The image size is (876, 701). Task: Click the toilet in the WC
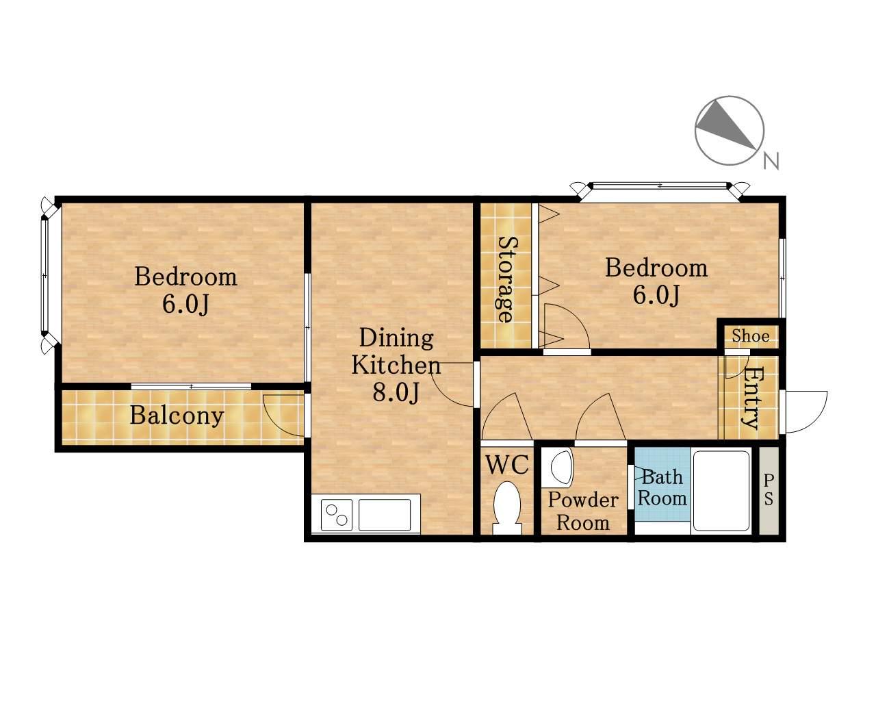click(x=507, y=507)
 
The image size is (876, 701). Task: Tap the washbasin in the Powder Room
click(x=561, y=468)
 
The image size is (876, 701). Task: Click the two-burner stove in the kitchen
click(x=336, y=514)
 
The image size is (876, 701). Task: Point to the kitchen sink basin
click(x=384, y=514)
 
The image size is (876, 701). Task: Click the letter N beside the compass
click(x=771, y=161)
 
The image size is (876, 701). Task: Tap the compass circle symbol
click(x=730, y=131)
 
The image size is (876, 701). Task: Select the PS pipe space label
click(x=769, y=490)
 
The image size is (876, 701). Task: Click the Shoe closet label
click(x=751, y=336)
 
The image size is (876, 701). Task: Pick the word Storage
click(x=507, y=279)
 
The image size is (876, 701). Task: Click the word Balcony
click(x=177, y=416)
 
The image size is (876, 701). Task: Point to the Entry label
click(x=752, y=398)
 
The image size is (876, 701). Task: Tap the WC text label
click(x=508, y=464)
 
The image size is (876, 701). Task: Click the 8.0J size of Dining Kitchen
click(x=396, y=392)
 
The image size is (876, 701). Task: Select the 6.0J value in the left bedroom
click(x=185, y=303)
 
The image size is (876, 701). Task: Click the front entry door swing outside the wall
click(x=806, y=411)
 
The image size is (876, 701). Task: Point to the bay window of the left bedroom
click(x=49, y=276)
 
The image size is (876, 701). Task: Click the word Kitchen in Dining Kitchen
click(x=396, y=365)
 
